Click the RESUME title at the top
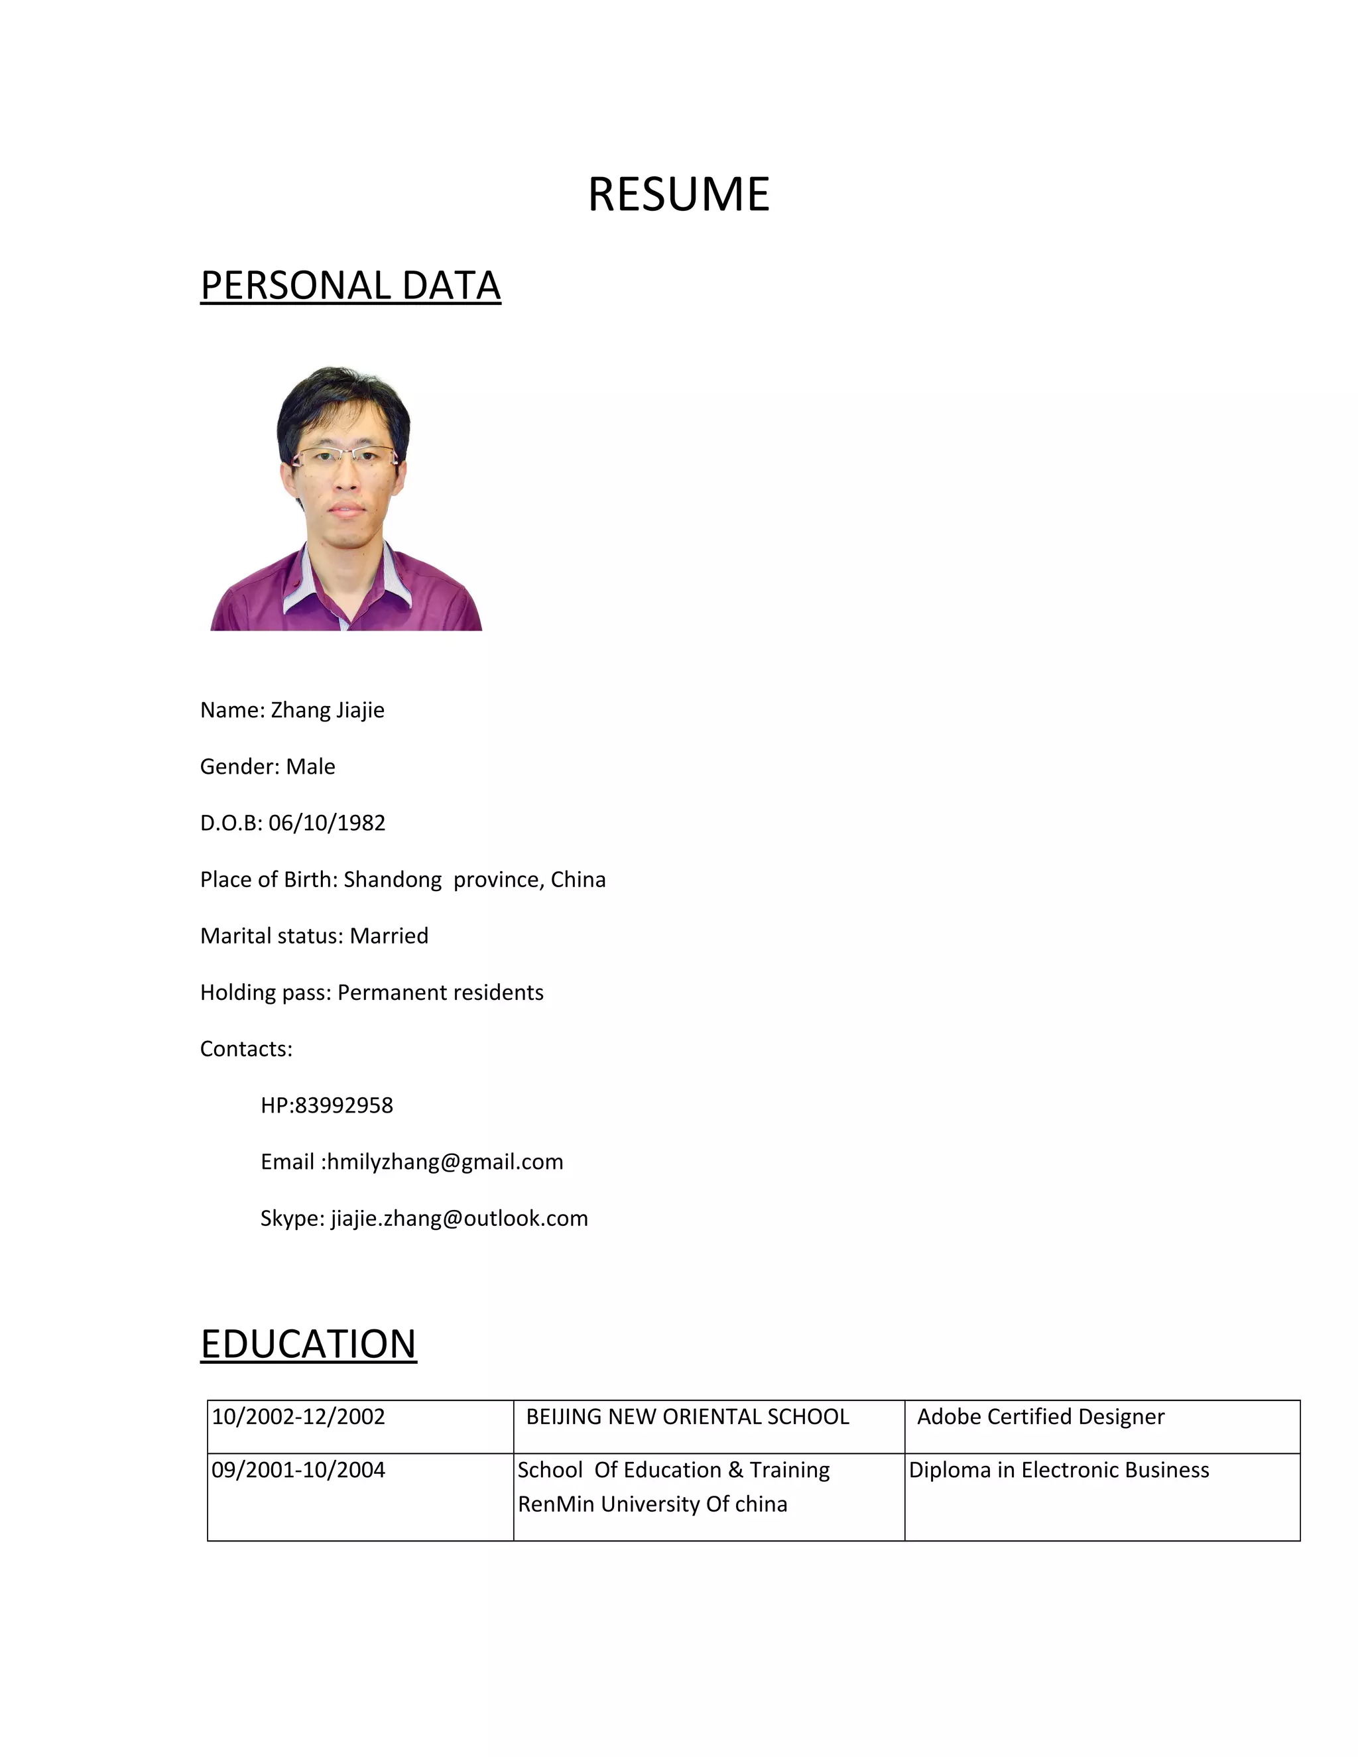678,195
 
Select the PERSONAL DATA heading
350,286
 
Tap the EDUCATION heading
308,1345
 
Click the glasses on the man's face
344,456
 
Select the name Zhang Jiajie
327,710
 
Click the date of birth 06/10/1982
327,823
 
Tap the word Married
389,936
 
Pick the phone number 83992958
343,1105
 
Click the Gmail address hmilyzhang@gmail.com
445,1162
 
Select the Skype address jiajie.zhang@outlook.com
460,1218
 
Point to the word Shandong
393,880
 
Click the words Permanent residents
440,993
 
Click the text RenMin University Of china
652,1504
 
